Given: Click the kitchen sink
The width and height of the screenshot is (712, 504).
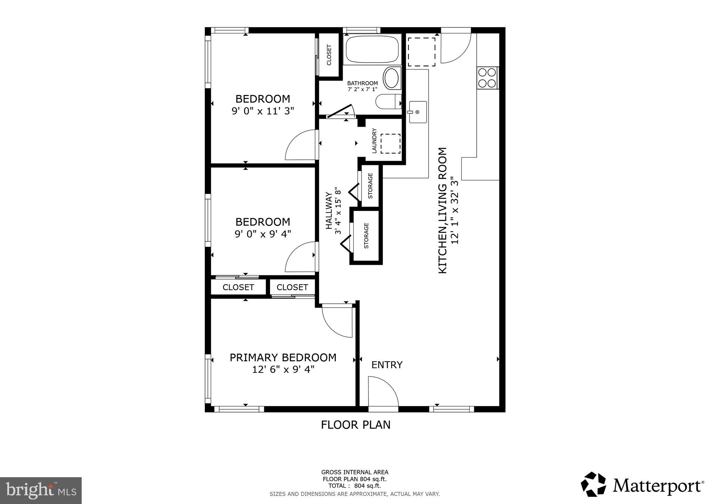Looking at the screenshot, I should (418, 112).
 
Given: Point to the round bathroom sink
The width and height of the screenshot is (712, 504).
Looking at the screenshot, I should (392, 78).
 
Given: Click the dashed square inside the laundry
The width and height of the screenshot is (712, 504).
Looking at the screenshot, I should (390, 143).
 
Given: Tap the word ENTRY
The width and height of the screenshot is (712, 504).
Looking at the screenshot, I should (387, 365).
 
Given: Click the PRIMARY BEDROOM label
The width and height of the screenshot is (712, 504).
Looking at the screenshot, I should (283, 357).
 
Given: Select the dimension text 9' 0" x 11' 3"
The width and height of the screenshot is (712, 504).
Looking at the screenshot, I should (263, 111).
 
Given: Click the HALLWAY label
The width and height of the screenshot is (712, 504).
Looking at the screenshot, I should (329, 211).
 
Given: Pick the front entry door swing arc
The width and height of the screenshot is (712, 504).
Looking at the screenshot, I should (383, 391).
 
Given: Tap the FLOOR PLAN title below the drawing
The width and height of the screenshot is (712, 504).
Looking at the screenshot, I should (355, 425).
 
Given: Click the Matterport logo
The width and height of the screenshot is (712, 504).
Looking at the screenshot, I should (642, 485).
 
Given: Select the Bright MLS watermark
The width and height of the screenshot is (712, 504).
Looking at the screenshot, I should (41, 490).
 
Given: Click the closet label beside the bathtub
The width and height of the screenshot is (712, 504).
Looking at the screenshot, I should (329, 55).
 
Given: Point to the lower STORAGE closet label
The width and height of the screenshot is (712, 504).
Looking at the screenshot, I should (366, 236).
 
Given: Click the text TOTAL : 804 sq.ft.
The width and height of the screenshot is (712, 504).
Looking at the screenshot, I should (354, 486).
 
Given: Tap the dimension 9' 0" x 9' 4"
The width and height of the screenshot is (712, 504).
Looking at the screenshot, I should (263, 234).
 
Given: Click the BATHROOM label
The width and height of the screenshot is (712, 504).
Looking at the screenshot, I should (362, 83).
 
